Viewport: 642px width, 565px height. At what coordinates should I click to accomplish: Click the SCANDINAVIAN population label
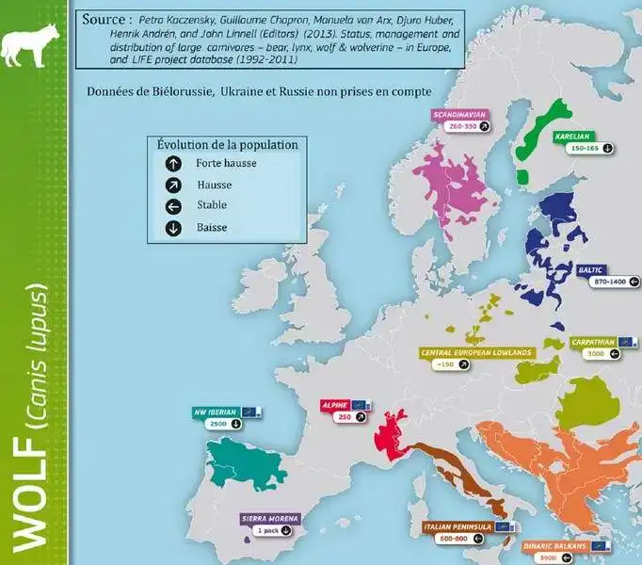459,114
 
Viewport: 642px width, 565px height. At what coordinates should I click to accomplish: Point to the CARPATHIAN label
594,343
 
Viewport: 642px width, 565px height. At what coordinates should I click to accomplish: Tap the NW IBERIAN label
216,412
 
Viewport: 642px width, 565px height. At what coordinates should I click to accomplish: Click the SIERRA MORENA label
270,518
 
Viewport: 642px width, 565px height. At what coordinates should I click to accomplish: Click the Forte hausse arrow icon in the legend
173,163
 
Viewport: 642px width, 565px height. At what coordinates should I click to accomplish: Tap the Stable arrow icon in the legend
173,206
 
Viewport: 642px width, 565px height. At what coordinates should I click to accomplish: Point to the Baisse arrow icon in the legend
173,228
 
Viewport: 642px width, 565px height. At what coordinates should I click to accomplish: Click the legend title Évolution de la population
227,145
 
